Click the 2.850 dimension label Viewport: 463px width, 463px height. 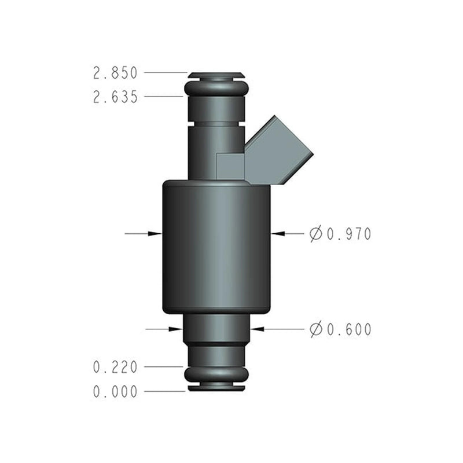115,74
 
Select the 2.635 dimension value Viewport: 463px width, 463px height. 115,97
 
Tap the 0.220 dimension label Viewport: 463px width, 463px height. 115,367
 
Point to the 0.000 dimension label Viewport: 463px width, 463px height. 115,392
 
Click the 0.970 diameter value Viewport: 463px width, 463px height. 348,234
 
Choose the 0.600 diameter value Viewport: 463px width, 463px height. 348,330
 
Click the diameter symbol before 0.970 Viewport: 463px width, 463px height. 316,234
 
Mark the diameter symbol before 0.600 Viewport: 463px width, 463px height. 316,330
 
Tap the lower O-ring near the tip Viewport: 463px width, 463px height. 216,374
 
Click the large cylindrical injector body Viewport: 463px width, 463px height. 216,246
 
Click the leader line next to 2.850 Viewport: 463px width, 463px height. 166,73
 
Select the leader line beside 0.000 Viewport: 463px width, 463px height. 165,391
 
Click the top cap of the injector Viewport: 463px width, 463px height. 216,75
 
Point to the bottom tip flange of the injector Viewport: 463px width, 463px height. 216,387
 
